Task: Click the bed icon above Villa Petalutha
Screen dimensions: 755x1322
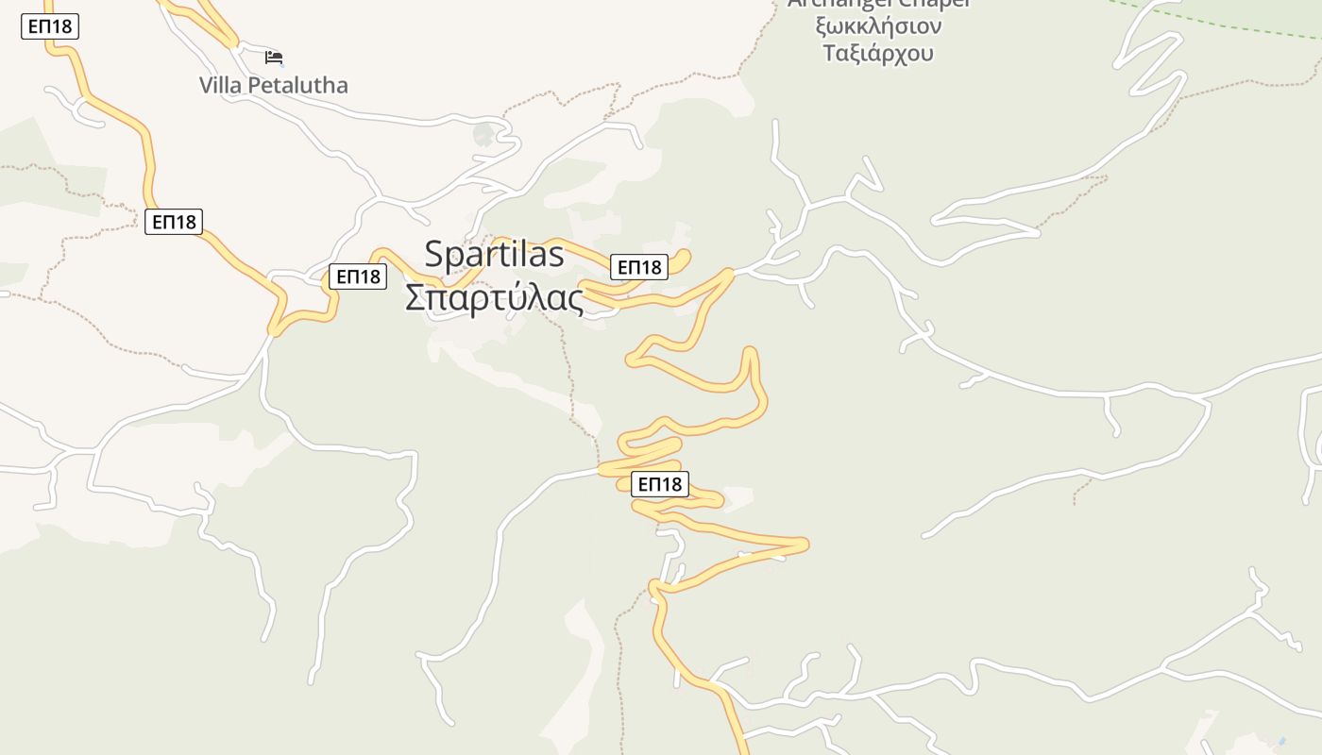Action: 274,58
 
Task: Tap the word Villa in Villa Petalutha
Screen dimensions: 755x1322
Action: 220,85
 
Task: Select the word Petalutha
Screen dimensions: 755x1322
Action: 297,85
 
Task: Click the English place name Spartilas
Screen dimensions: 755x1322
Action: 494,254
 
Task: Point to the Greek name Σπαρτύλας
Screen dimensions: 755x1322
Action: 494,297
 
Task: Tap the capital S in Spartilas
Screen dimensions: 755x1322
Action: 435,254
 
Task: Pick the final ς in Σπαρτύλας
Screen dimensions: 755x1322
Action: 575,299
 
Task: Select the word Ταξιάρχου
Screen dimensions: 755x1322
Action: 878,53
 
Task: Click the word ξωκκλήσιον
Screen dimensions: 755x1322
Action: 878,25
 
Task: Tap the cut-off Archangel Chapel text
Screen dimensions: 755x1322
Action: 878,5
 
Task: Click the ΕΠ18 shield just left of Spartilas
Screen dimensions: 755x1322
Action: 358,277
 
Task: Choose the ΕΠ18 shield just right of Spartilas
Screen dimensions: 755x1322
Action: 639,267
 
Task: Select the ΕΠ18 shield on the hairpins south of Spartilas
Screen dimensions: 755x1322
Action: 659,484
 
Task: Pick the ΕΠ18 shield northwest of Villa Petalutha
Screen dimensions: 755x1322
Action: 49,26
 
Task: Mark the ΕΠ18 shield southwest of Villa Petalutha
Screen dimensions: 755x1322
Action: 174,222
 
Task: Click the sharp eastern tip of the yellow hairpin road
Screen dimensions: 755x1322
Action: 805,544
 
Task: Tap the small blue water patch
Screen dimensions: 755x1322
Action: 1281,741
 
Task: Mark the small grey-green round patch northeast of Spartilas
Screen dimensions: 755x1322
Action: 484,134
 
